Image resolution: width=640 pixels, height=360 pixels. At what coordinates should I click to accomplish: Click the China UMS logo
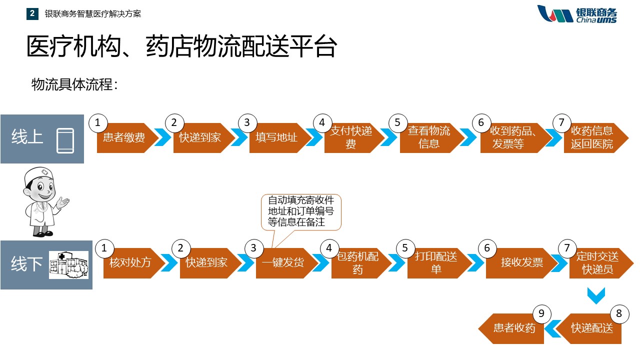(x=577, y=14)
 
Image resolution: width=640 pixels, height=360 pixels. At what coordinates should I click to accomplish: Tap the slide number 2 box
(x=32, y=13)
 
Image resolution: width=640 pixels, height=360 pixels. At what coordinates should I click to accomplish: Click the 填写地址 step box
(x=276, y=137)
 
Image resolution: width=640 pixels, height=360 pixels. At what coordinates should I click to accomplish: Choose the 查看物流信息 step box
(x=428, y=137)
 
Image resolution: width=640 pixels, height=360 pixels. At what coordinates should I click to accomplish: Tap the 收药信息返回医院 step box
(x=592, y=137)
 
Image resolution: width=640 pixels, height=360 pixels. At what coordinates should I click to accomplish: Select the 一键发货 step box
(x=283, y=262)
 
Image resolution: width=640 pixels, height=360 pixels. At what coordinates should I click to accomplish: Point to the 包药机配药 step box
(x=357, y=263)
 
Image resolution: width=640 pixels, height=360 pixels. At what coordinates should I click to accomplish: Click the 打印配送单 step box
(x=435, y=263)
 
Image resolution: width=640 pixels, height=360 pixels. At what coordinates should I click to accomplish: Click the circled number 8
(x=619, y=313)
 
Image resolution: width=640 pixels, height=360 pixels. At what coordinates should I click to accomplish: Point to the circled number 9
(x=541, y=314)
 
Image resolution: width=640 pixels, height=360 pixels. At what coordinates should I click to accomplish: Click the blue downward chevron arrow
(x=596, y=295)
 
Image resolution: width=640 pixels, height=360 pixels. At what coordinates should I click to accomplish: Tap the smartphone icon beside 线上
(x=65, y=140)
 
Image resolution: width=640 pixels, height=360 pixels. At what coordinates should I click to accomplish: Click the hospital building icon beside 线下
(x=68, y=264)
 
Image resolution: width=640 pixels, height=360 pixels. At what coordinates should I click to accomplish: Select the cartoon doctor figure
(x=42, y=202)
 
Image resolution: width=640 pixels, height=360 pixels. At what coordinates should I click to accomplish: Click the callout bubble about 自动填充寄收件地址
(x=301, y=211)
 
